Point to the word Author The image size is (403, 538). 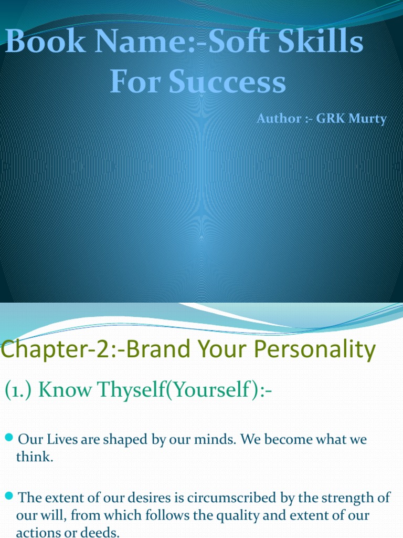pyautogui.click(x=275, y=119)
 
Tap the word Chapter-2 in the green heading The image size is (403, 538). pyautogui.click(x=50, y=349)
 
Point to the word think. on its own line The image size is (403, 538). pyautogui.click(x=35, y=457)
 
